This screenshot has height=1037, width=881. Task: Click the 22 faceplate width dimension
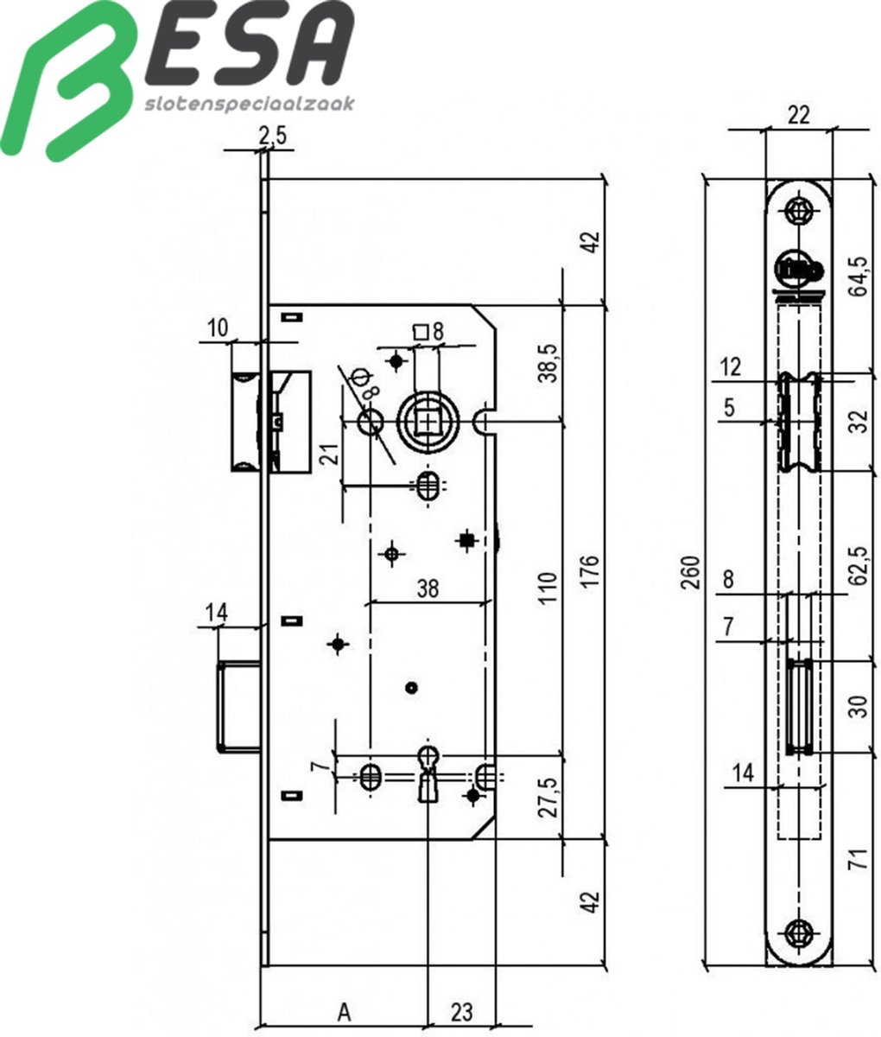point(799,115)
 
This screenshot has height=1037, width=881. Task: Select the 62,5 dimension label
point(857,566)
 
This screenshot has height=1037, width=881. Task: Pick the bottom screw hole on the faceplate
point(799,931)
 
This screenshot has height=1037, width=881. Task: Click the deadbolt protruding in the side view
point(239,705)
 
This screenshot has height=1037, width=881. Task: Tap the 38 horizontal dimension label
point(428,588)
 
